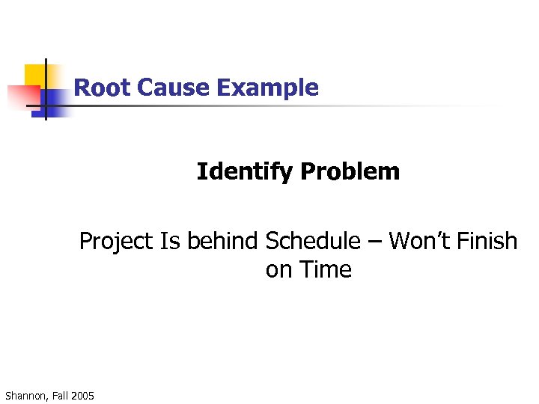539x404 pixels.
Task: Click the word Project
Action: pos(116,242)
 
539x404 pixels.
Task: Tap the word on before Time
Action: pos(278,270)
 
